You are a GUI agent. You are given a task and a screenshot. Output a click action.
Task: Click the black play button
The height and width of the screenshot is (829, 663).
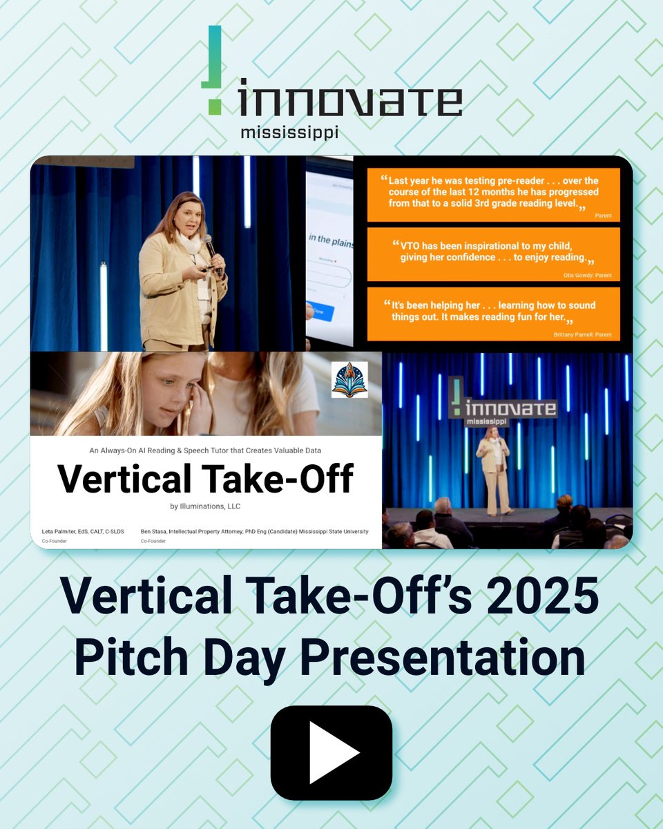tap(331, 752)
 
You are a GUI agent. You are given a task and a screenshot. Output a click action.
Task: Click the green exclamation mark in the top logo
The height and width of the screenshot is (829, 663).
tap(214, 70)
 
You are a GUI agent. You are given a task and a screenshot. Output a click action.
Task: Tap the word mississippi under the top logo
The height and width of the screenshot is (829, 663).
tap(289, 132)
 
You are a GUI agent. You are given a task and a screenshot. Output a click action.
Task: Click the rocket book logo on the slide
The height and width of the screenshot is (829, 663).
tap(349, 379)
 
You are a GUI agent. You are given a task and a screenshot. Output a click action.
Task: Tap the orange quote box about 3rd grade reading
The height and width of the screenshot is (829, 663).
tap(492, 195)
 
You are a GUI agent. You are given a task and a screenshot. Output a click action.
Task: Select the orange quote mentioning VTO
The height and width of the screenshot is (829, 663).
tap(492, 254)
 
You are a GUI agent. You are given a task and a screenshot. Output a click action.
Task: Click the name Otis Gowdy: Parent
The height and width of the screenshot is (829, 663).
tap(587, 276)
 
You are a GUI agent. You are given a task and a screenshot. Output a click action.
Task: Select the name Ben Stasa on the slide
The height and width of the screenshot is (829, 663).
tap(155, 531)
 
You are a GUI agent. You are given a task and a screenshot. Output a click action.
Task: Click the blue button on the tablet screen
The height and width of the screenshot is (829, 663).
tap(322, 312)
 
